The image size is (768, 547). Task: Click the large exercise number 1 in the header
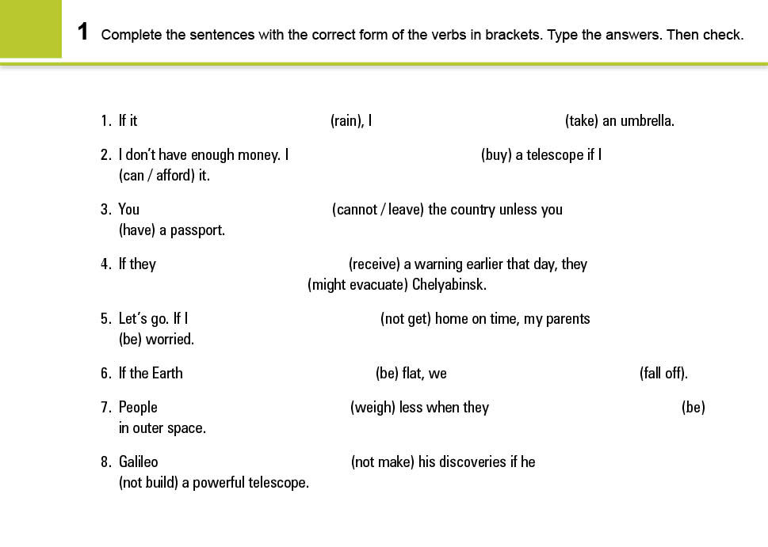tap(83, 32)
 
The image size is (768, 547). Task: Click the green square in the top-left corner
tap(30, 28)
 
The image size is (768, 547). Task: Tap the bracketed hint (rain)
tap(346, 121)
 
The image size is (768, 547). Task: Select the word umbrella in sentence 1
tap(648, 121)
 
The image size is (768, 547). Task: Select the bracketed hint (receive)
tap(374, 264)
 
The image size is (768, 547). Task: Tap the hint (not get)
tap(405, 319)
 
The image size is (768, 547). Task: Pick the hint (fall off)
tap(663, 374)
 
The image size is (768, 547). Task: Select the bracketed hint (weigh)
tap(373, 408)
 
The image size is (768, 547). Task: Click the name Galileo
tap(138, 462)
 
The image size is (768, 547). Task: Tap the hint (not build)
tap(148, 483)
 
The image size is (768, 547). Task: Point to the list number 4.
tap(105, 264)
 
